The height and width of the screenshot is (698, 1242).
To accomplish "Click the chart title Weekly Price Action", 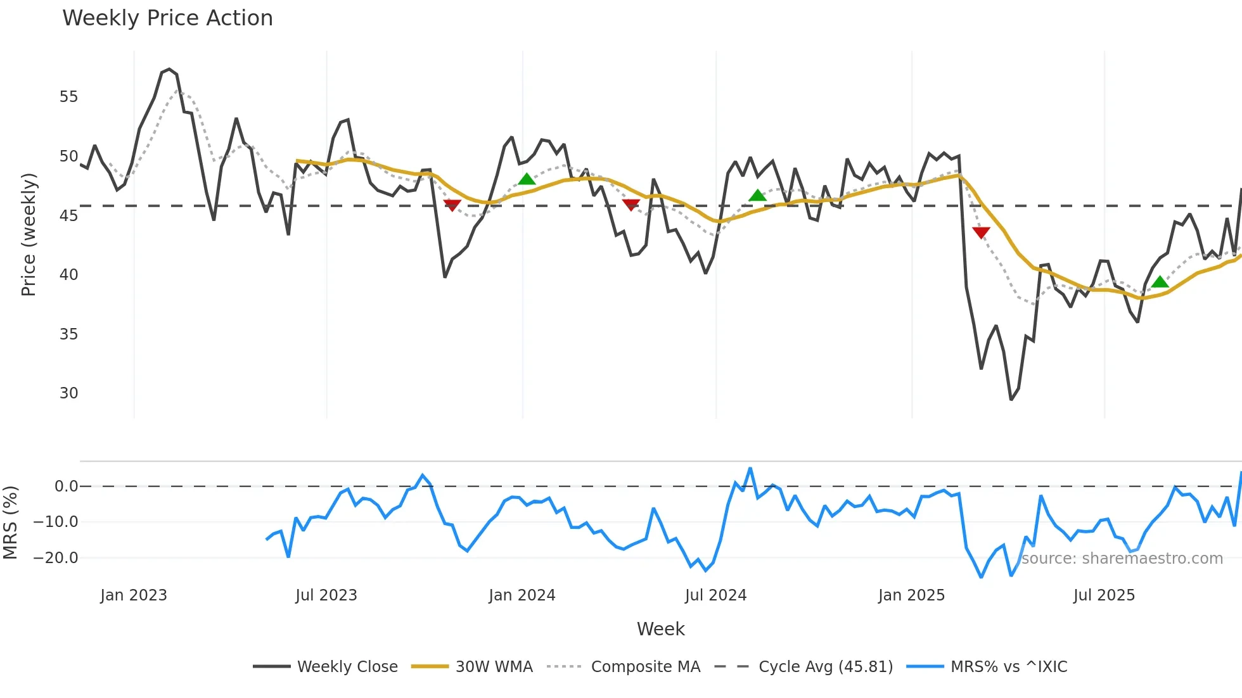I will (x=167, y=18).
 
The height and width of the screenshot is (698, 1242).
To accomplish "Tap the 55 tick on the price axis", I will (x=68, y=97).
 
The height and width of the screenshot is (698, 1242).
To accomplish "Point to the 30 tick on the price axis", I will (x=68, y=393).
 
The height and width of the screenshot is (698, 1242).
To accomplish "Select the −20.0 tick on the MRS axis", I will (x=56, y=558).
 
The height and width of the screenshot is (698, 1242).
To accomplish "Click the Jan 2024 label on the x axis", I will (x=522, y=595).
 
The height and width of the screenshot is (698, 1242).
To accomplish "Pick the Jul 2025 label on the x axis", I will (x=1104, y=595).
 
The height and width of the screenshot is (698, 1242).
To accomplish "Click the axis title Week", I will (x=660, y=629).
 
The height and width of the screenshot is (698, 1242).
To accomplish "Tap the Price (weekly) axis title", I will (x=29, y=234).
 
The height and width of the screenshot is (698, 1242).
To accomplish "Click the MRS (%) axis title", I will (x=10, y=523).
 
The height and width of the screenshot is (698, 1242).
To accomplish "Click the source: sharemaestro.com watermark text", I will (x=1122, y=559).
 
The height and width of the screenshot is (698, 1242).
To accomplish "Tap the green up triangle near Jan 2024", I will (x=527, y=179).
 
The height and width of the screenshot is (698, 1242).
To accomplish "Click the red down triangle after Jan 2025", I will (x=981, y=232).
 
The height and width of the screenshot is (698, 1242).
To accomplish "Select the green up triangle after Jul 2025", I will (x=1160, y=282).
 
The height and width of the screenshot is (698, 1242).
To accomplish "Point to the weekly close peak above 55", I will (x=169, y=70).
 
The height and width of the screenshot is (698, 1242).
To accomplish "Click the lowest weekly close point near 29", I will (x=1011, y=400).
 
